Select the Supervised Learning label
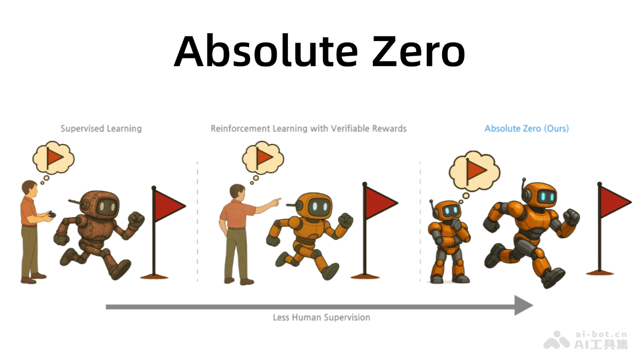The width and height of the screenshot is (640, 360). point(101,129)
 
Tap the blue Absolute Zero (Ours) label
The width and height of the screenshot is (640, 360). point(526,129)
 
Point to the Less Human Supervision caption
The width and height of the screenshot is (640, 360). point(321,317)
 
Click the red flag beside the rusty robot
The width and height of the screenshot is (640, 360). point(167,205)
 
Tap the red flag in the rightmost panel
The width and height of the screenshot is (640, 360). point(614,201)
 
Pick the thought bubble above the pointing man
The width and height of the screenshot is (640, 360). point(262,157)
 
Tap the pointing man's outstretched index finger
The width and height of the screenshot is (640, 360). point(278,201)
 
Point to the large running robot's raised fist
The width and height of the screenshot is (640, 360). point(571,216)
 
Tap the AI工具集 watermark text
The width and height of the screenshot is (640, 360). point(601,345)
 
